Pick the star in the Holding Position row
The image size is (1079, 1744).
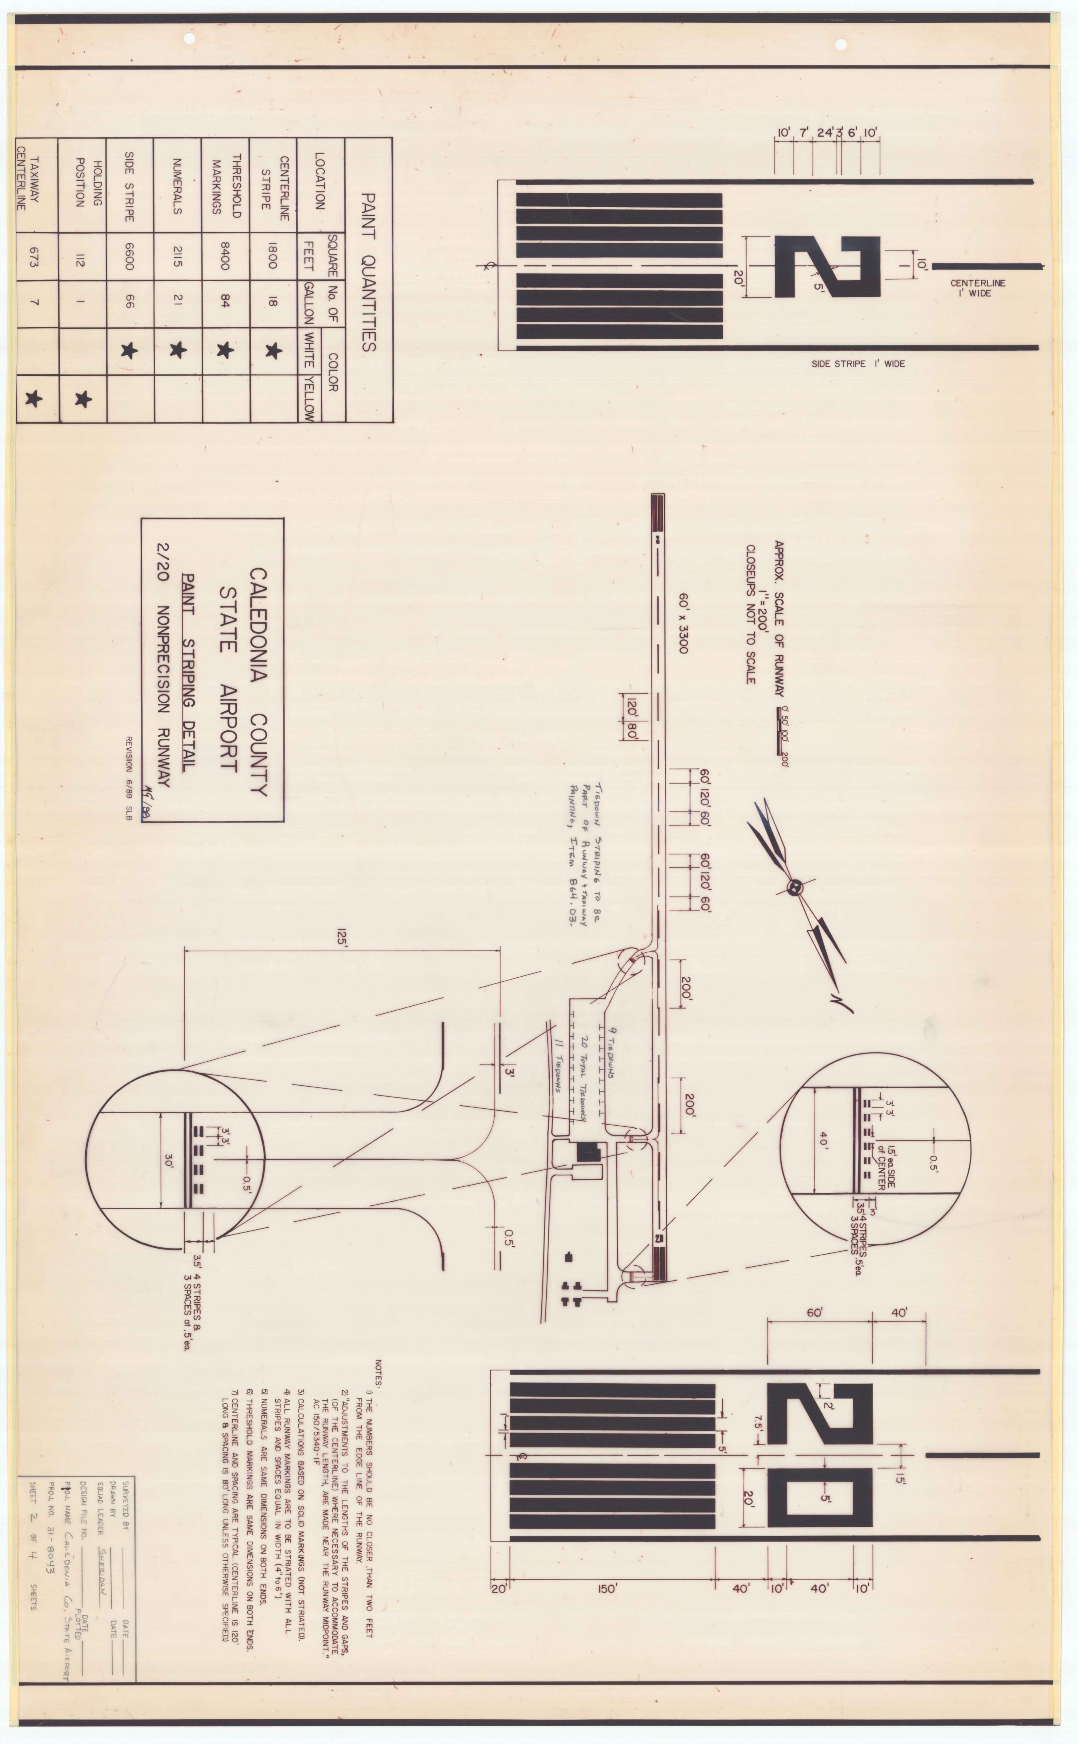click(83, 399)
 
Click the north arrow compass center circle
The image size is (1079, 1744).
click(794, 887)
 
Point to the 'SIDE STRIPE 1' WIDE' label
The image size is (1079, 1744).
click(858, 364)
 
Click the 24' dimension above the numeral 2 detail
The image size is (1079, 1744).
click(826, 133)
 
